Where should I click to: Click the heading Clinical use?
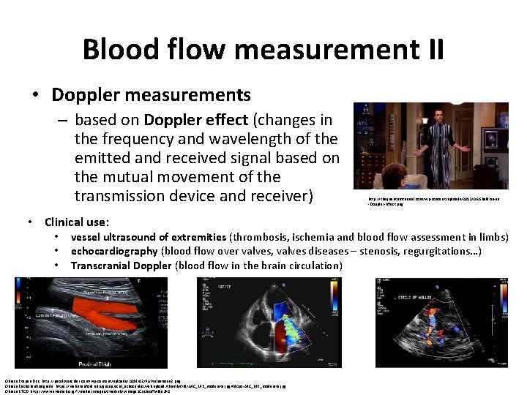pyautogui.click(x=77, y=222)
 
